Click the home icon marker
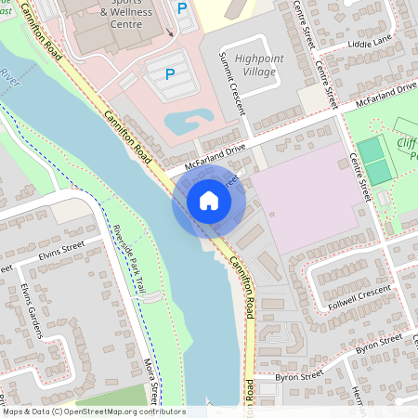click(209, 201)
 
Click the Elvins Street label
click(62, 249)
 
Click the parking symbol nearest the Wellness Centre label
click(182, 8)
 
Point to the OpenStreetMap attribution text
click(93, 411)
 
